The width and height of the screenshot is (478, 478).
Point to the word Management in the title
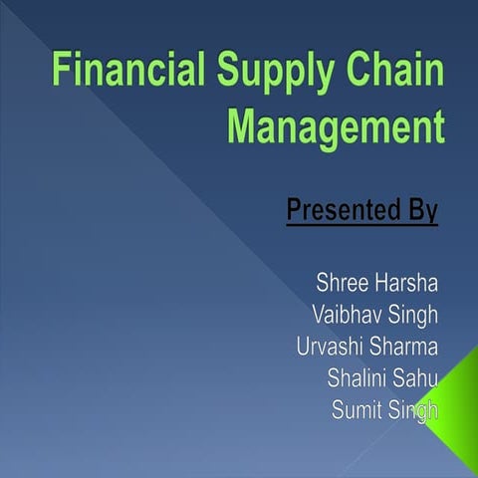[333, 129]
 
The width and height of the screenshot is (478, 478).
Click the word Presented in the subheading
[340, 211]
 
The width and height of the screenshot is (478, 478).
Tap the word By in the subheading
[419, 212]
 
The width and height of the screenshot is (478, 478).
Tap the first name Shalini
[359, 378]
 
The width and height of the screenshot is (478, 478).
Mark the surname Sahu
[418, 378]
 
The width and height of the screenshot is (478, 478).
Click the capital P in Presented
[295, 211]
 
